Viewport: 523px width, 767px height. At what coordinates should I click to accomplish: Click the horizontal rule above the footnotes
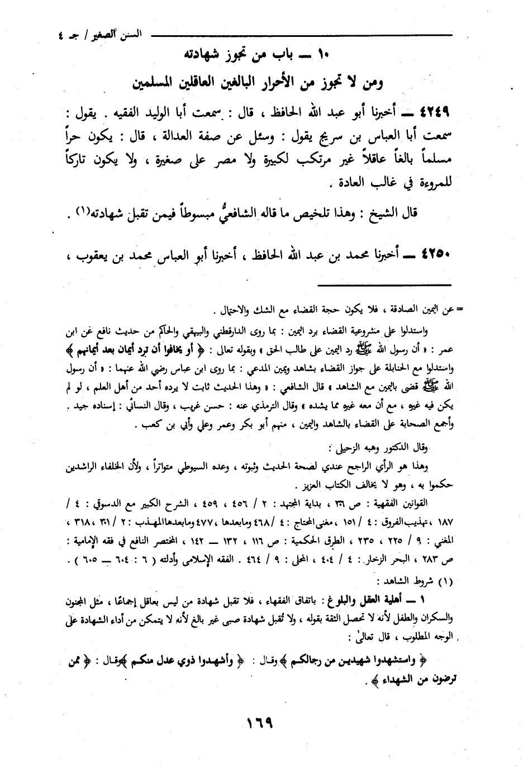(x=371, y=286)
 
